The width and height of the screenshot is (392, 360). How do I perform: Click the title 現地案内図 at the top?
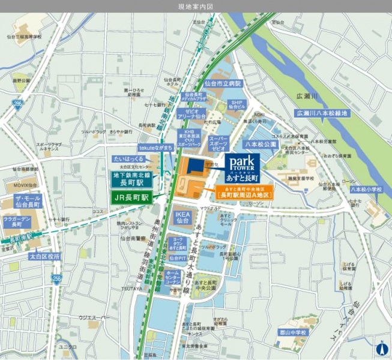(196, 6)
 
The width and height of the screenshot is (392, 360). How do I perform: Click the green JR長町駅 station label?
(129, 197)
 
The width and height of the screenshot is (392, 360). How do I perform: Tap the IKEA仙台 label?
(182, 217)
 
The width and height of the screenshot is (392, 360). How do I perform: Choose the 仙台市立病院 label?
(222, 83)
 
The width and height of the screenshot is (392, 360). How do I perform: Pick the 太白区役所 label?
(45, 256)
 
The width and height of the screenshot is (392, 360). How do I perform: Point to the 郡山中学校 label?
(292, 331)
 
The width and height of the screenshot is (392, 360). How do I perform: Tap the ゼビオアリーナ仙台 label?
(196, 113)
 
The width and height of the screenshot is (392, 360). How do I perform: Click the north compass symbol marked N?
(380, 348)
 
